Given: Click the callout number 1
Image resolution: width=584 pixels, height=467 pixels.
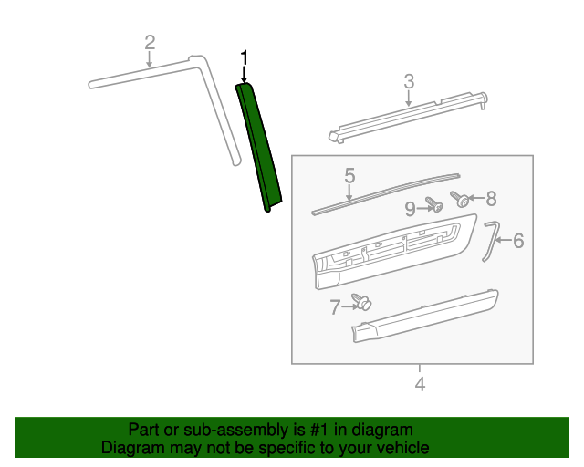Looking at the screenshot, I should pos(244,57).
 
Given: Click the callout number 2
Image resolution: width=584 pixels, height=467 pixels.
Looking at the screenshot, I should pos(150,42).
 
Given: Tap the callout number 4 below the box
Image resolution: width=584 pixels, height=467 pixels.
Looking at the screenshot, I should pos(420,384).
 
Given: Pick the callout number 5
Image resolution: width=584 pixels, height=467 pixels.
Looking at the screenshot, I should pos(349,175).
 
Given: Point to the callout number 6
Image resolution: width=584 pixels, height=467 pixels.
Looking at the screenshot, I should pos(518,241).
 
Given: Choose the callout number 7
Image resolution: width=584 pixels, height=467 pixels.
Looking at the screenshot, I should pos(335,307).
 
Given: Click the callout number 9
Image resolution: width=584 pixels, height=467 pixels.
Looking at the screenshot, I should pos(410,207).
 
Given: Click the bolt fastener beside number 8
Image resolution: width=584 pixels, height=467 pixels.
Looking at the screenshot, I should pos(463,199).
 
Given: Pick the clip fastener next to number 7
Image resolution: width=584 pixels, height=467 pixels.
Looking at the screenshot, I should pos(363,303).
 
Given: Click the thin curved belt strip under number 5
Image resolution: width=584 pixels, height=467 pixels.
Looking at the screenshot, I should pos(383,193).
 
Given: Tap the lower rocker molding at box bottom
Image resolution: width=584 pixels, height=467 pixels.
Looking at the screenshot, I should pos(424,317).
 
